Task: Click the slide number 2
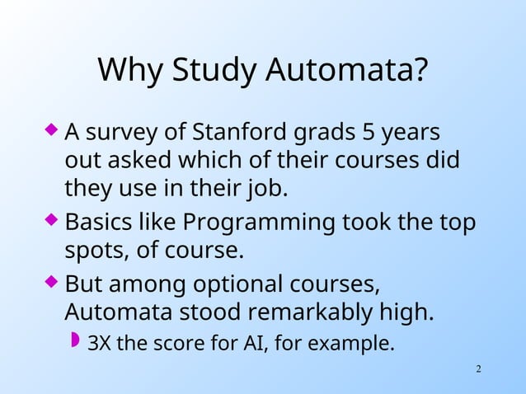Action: point(479,367)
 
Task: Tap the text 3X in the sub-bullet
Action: point(100,342)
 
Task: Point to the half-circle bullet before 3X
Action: point(76,340)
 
